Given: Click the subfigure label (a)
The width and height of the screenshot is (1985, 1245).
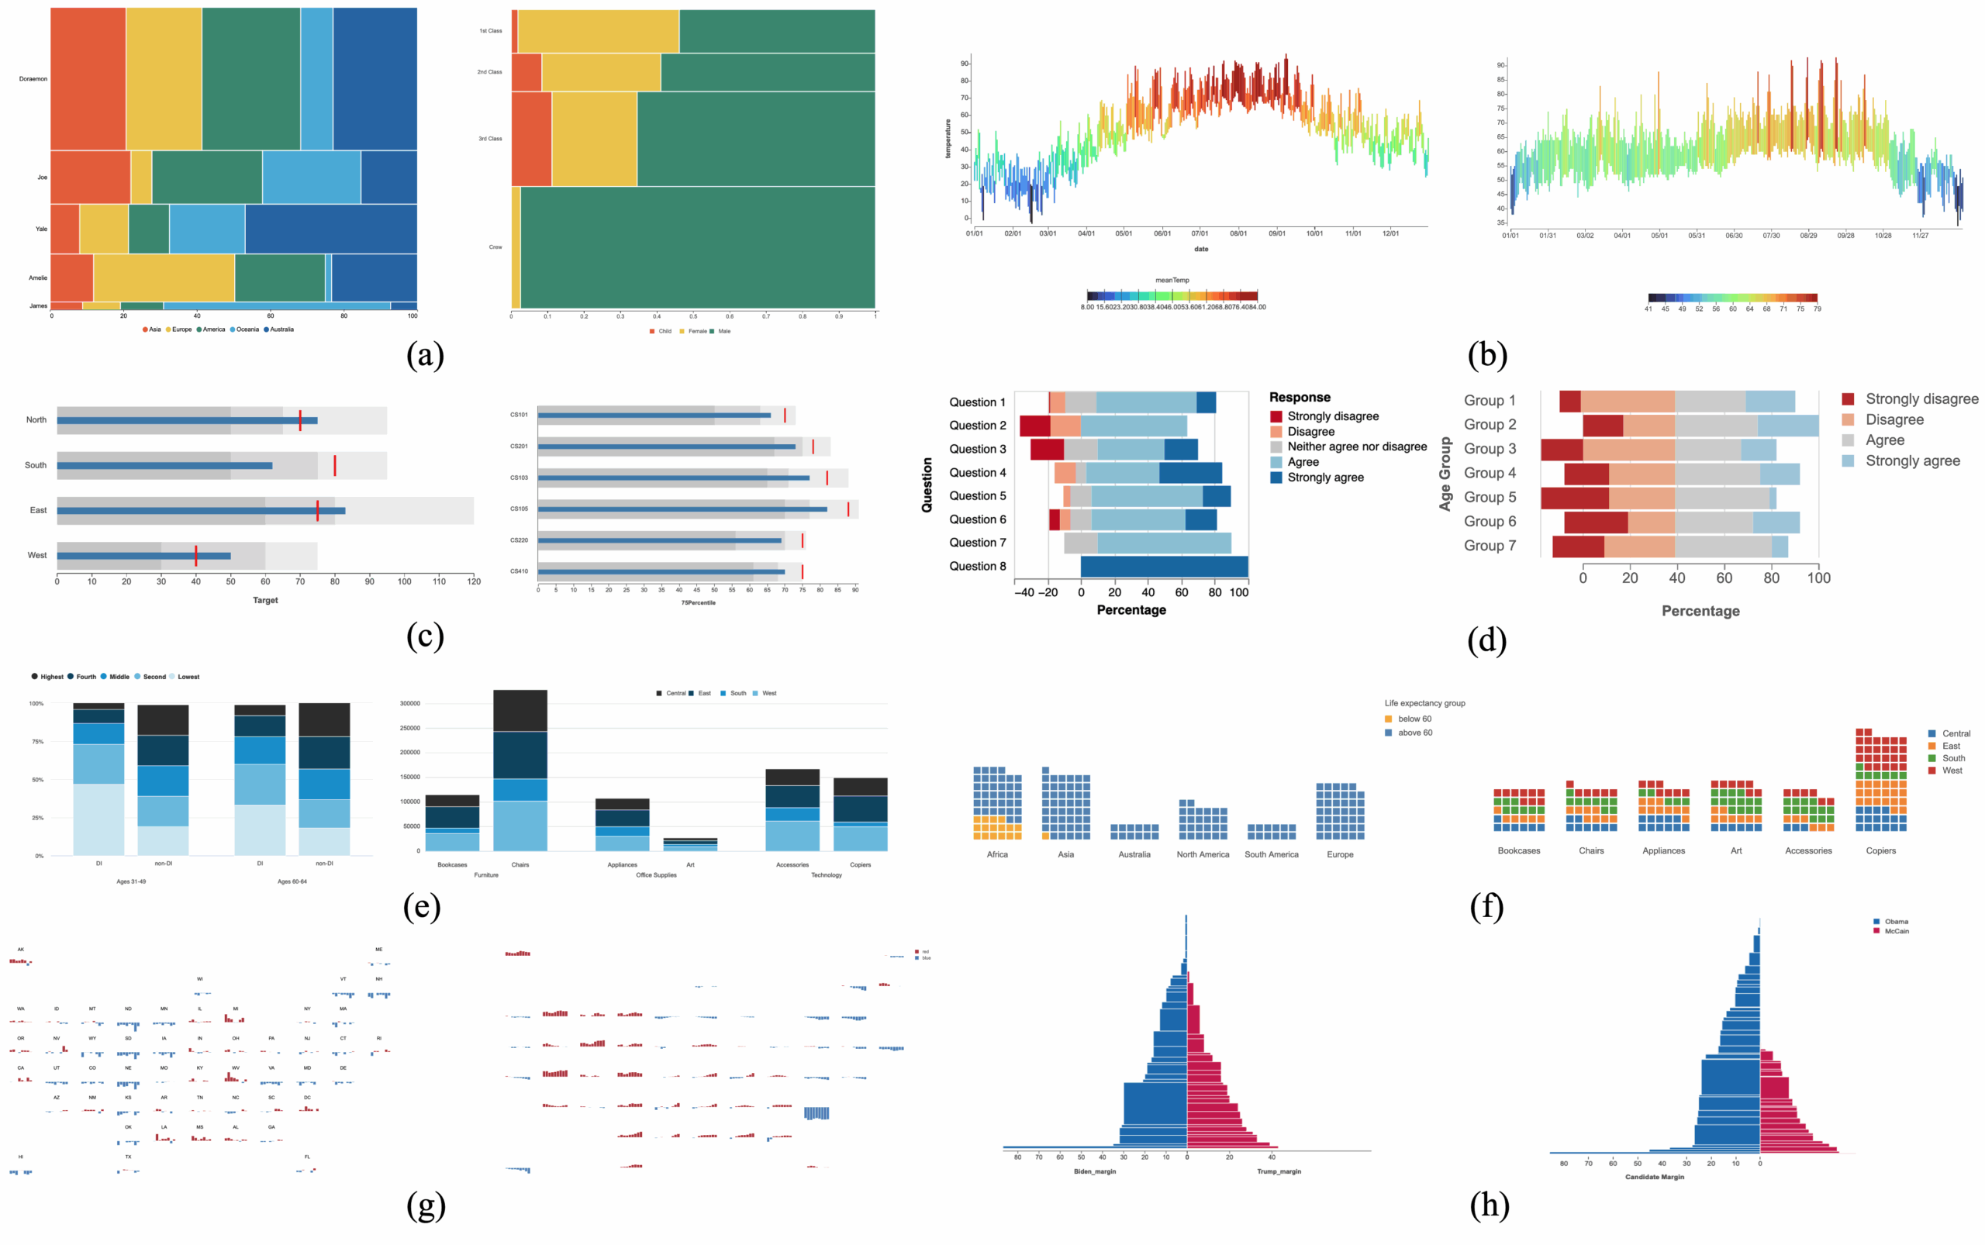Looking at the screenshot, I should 425,355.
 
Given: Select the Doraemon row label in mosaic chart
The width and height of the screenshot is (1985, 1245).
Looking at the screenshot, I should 33,79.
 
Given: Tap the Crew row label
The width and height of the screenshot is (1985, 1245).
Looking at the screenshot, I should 495,247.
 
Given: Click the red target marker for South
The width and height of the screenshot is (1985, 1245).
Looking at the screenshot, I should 334,465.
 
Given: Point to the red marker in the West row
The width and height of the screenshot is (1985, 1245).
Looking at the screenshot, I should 196,556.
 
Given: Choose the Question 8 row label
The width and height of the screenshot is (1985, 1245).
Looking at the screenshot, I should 977,567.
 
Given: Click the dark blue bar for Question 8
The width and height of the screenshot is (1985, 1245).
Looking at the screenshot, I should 1163,567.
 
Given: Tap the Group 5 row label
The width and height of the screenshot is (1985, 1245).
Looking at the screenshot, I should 1490,498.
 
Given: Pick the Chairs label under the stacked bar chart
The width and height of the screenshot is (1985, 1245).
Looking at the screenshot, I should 520,864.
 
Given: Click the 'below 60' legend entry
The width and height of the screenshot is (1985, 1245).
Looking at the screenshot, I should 1414,719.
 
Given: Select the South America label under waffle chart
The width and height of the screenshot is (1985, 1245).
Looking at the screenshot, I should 1271,855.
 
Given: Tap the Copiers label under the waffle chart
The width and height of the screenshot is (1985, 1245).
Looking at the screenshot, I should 1880,850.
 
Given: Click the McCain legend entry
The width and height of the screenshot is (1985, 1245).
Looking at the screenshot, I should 1896,931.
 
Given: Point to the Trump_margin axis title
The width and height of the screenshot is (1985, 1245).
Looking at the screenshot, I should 1279,1171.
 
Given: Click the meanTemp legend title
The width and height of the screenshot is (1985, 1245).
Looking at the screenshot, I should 1172,280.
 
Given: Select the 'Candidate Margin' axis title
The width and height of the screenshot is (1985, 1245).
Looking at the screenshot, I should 1654,1178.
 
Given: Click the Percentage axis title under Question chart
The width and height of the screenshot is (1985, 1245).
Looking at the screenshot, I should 1131,610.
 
